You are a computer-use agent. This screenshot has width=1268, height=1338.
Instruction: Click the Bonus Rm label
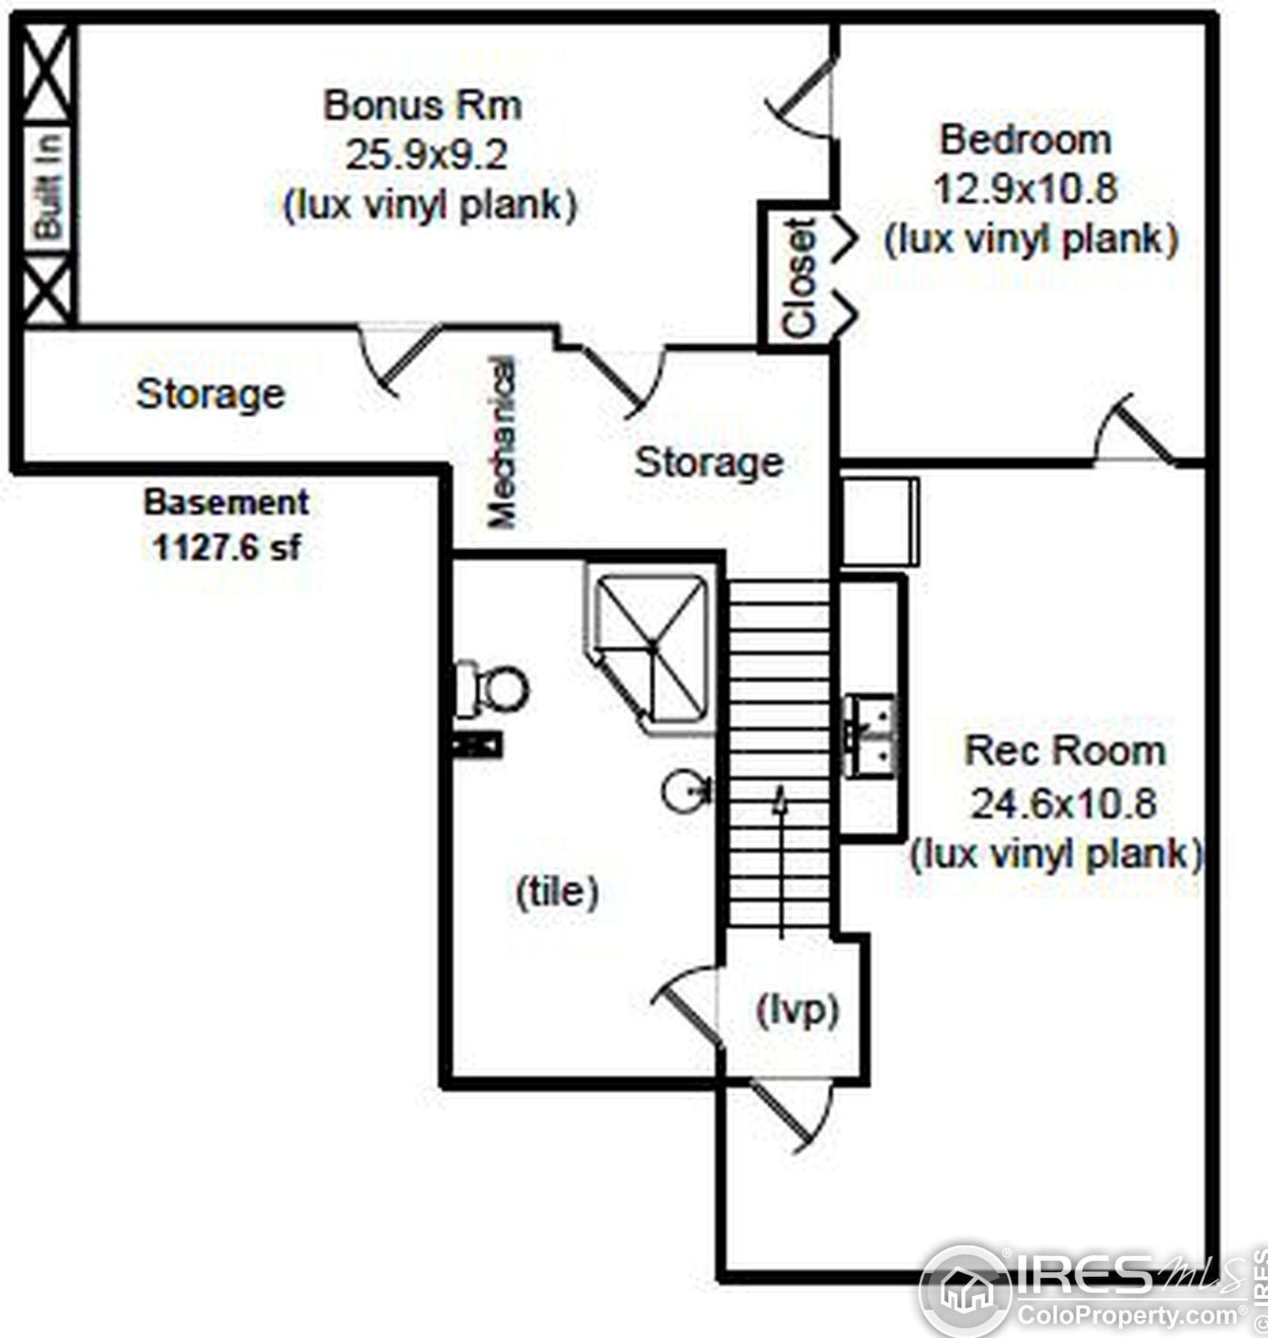pyautogui.click(x=422, y=105)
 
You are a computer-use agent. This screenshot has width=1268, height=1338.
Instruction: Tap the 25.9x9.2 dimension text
pyautogui.click(x=426, y=155)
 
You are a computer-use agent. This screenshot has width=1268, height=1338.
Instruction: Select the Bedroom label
pyautogui.click(x=1025, y=141)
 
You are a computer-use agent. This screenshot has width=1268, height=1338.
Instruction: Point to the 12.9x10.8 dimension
pyautogui.click(x=1025, y=188)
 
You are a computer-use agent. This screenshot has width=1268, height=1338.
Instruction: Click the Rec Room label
pyautogui.click(x=1065, y=751)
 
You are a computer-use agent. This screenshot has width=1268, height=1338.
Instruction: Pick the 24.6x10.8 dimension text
pyautogui.click(x=1063, y=804)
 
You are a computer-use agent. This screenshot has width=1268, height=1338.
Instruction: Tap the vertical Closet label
pyautogui.click(x=800, y=277)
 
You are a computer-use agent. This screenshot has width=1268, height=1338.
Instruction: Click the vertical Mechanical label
pyautogui.click(x=501, y=443)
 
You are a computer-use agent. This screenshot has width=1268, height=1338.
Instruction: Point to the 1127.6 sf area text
pyautogui.click(x=226, y=548)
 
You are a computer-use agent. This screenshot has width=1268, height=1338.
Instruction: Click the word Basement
pyautogui.click(x=226, y=502)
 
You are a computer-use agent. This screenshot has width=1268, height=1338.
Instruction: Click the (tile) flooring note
pyautogui.click(x=557, y=890)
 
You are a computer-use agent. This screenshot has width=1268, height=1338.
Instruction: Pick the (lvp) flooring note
pyautogui.click(x=797, y=1011)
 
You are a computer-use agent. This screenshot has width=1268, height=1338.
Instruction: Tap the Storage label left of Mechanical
pyautogui.click(x=211, y=394)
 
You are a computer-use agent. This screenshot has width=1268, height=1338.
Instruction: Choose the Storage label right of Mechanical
pyautogui.click(x=708, y=462)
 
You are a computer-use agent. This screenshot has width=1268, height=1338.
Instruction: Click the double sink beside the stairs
pyautogui.click(x=870, y=735)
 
